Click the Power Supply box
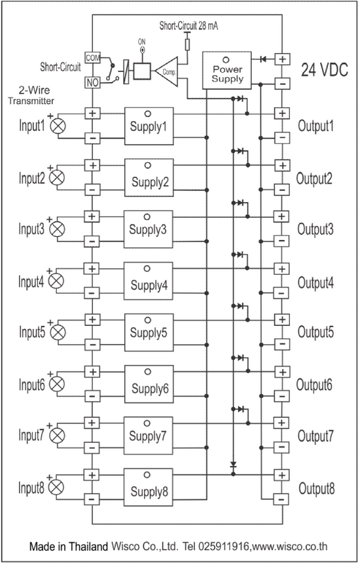click(x=226, y=71)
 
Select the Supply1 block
click(x=149, y=126)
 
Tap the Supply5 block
click(x=149, y=332)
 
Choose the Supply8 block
click(x=148, y=487)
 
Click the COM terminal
click(x=92, y=58)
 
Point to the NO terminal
click(x=92, y=82)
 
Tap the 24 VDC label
click(x=325, y=70)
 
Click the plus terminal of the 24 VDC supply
click(x=282, y=59)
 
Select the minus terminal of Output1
click(x=282, y=137)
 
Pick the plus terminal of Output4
click(x=281, y=269)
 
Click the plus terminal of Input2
click(x=93, y=166)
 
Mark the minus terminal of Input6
click(x=92, y=396)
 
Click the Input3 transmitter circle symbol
click(x=56, y=229)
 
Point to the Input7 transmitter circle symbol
click(x=56, y=436)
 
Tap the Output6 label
click(x=314, y=385)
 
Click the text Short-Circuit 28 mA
click(x=189, y=26)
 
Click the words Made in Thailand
click(x=69, y=546)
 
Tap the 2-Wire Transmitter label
click(x=32, y=96)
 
